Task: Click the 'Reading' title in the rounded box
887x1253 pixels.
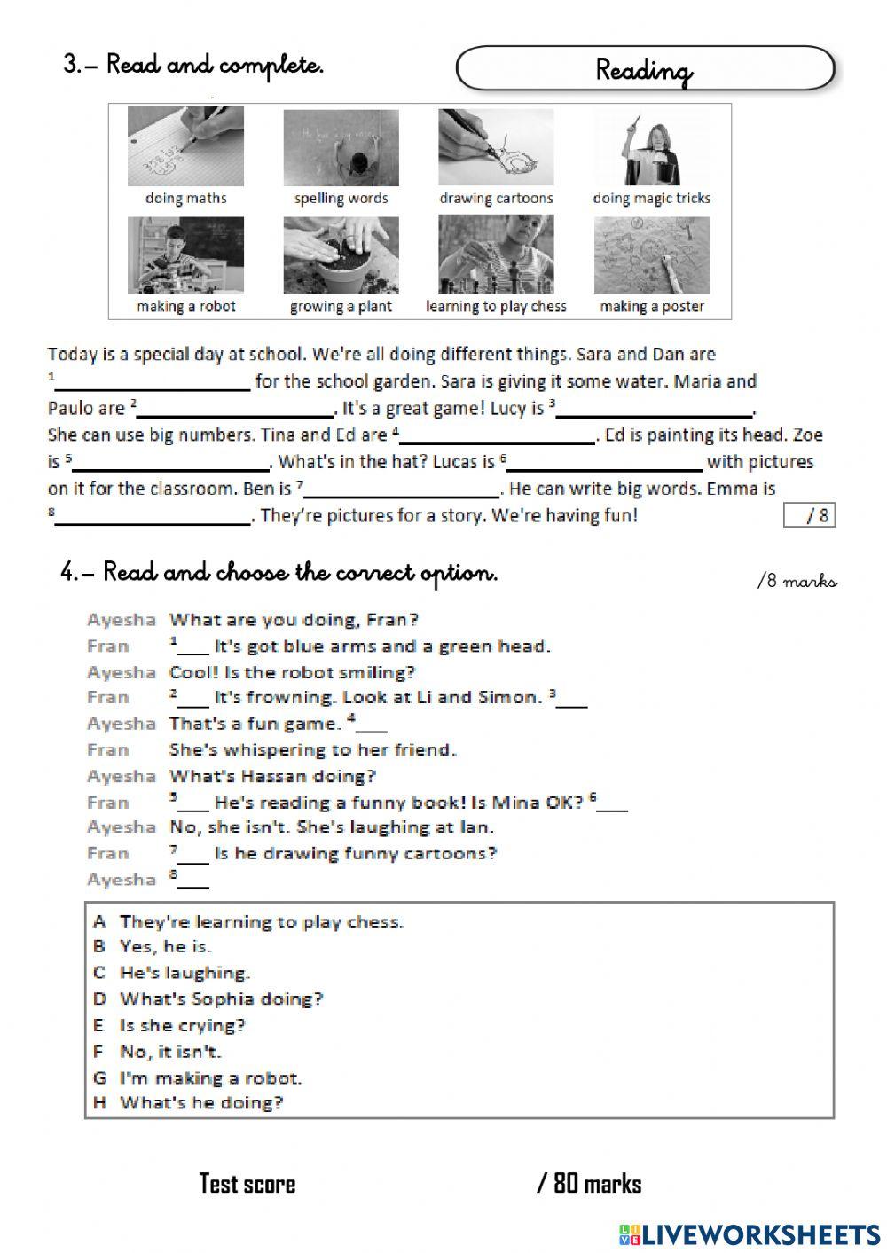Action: (644, 69)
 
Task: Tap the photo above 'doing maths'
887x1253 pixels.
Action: (185, 146)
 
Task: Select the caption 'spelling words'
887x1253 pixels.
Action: (341, 198)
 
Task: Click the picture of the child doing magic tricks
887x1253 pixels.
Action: (651, 146)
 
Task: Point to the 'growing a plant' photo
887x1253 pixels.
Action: (341, 255)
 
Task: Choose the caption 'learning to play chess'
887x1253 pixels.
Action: (496, 306)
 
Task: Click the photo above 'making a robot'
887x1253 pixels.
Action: (185, 255)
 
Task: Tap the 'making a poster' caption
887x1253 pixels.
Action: (651, 306)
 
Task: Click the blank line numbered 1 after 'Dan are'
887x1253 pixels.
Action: (153, 383)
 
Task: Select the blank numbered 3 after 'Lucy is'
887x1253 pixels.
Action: (655, 410)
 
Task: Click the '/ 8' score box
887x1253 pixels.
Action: (809, 515)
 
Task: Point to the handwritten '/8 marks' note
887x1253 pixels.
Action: (797, 581)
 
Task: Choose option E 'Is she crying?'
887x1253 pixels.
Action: (182, 1025)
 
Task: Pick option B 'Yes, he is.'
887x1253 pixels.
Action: (165, 946)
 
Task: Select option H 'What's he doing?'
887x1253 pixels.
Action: (201, 1103)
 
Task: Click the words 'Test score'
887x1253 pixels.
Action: (247, 1184)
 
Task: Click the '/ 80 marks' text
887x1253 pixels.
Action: (589, 1184)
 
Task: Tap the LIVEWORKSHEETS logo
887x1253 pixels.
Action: (750, 1233)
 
